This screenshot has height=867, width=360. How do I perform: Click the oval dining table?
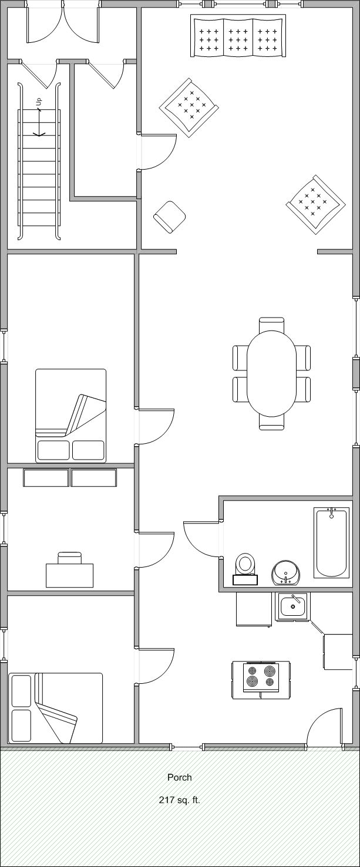point(272,374)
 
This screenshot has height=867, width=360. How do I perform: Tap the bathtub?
point(331,542)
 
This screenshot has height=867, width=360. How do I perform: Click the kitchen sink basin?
point(292,606)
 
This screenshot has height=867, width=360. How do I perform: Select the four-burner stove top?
point(261,677)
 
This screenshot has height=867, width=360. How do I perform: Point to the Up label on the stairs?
point(39,102)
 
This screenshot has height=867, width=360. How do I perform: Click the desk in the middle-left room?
point(70,575)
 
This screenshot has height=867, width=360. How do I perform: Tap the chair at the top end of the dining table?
point(272,325)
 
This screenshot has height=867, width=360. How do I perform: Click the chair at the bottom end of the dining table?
point(272,423)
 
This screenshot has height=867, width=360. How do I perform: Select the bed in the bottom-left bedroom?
point(56,709)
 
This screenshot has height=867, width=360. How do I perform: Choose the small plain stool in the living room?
point(170,217)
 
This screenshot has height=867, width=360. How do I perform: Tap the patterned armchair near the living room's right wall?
point(315,204)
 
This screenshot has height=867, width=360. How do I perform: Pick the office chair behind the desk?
point(70,558)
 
